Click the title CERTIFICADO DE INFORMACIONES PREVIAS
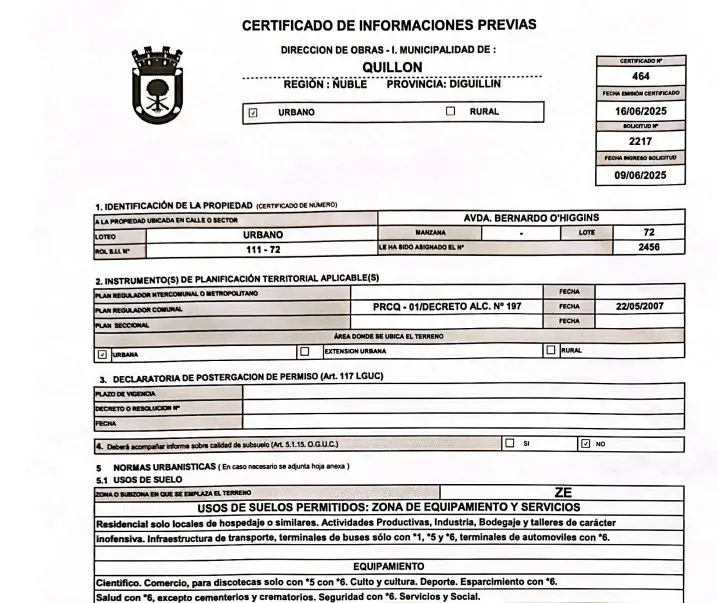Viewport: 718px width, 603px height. click(x=389, y=25)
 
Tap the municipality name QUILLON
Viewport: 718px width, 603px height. click(x=391, y=67)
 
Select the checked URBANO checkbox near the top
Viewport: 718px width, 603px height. click(x=252, y=113)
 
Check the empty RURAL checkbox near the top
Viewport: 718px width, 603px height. click(x=450, y=112)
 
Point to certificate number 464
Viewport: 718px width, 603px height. click(x=640, y=76)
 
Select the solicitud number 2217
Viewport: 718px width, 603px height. click(x=640, y=142)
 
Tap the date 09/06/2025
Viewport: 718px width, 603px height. click(x=640, y=175)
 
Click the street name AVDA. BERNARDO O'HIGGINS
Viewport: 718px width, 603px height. click(x=531, y=217)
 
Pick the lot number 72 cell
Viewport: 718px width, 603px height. click(x=649, y=232)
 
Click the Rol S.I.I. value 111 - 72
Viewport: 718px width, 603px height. click(x=263, y=248)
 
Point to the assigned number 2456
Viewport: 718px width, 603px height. click(x=649, y=247)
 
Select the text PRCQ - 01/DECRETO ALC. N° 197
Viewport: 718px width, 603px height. click(x=447, y=307)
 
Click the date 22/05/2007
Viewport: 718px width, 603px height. click(x=640, y=307)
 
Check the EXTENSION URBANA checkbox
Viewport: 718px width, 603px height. click(x=305, y=352)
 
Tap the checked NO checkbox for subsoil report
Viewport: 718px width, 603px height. click(x=585, y=443)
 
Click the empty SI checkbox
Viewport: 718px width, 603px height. click(x=510, y=442)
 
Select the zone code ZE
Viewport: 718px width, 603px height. click(x=563, y=492)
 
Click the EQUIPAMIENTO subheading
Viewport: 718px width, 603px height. click(x=388, y=566)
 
